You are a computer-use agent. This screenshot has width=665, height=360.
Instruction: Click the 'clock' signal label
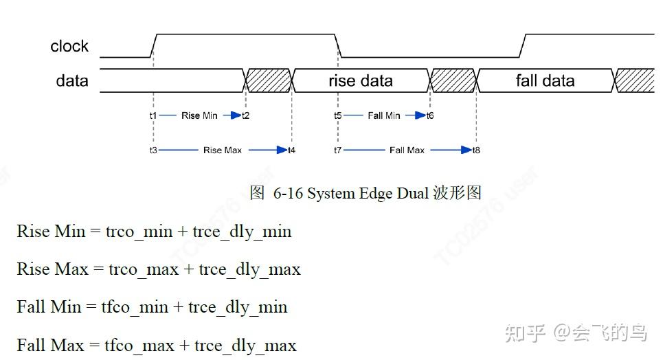point(69,47)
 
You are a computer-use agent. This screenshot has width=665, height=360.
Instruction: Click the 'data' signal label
point(72,81)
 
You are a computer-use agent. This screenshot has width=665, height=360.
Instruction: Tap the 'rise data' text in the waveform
point(361,81)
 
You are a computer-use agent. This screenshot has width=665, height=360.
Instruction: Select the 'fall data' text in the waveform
point(545,81)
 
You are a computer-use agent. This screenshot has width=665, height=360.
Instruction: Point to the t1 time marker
point(153,115)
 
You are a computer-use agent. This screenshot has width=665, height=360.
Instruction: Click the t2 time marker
point(245,115)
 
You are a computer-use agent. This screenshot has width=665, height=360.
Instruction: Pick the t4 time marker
point(292,150)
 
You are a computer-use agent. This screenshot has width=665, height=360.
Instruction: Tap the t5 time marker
point(337,115)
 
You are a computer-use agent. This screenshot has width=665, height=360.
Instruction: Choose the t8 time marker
point(476,150)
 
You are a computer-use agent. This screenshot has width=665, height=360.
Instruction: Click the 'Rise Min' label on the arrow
point(199,115)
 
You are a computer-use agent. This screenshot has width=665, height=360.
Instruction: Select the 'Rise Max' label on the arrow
point(222,150)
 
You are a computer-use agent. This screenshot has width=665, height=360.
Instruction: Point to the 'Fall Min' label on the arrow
point(383,115)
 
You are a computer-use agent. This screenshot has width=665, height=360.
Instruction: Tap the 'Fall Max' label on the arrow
point(407,150)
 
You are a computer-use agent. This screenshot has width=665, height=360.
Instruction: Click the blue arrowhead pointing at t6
point(420,115)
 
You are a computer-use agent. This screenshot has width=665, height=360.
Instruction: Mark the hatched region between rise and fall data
point(453,80)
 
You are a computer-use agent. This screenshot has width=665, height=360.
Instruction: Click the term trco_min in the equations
point(139,232)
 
